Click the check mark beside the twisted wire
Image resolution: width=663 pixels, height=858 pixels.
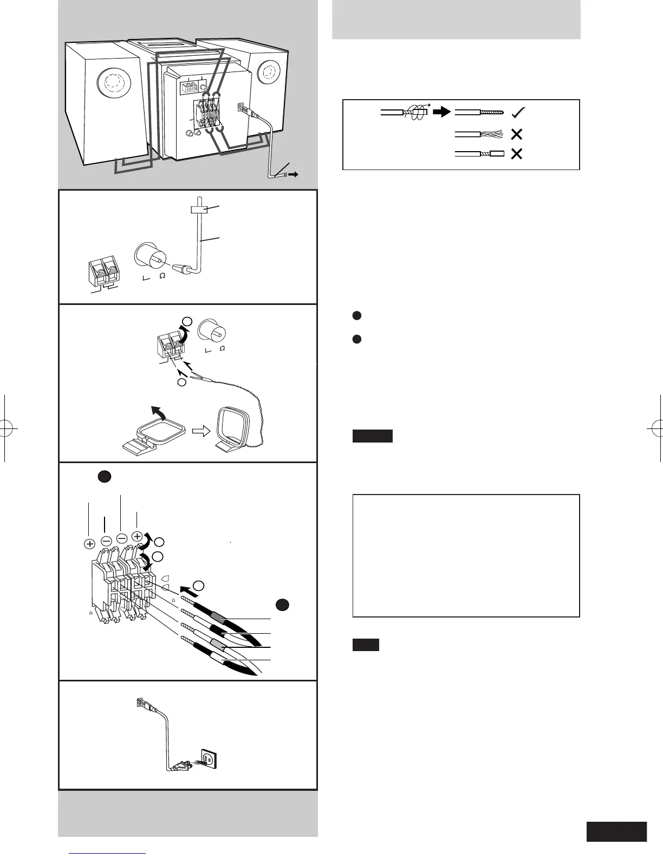click(x=517, y=112)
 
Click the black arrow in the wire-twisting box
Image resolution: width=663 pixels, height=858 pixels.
click(x=443, y=112)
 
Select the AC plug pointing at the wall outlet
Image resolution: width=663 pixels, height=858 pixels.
click(x=182, y=766)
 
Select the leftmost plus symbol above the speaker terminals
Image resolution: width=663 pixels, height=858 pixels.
click(x=90, y=544)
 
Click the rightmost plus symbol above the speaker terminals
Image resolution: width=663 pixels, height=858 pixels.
click(x=138, y=537)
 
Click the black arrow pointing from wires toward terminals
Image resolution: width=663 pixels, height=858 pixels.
click(x=187, y=589)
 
